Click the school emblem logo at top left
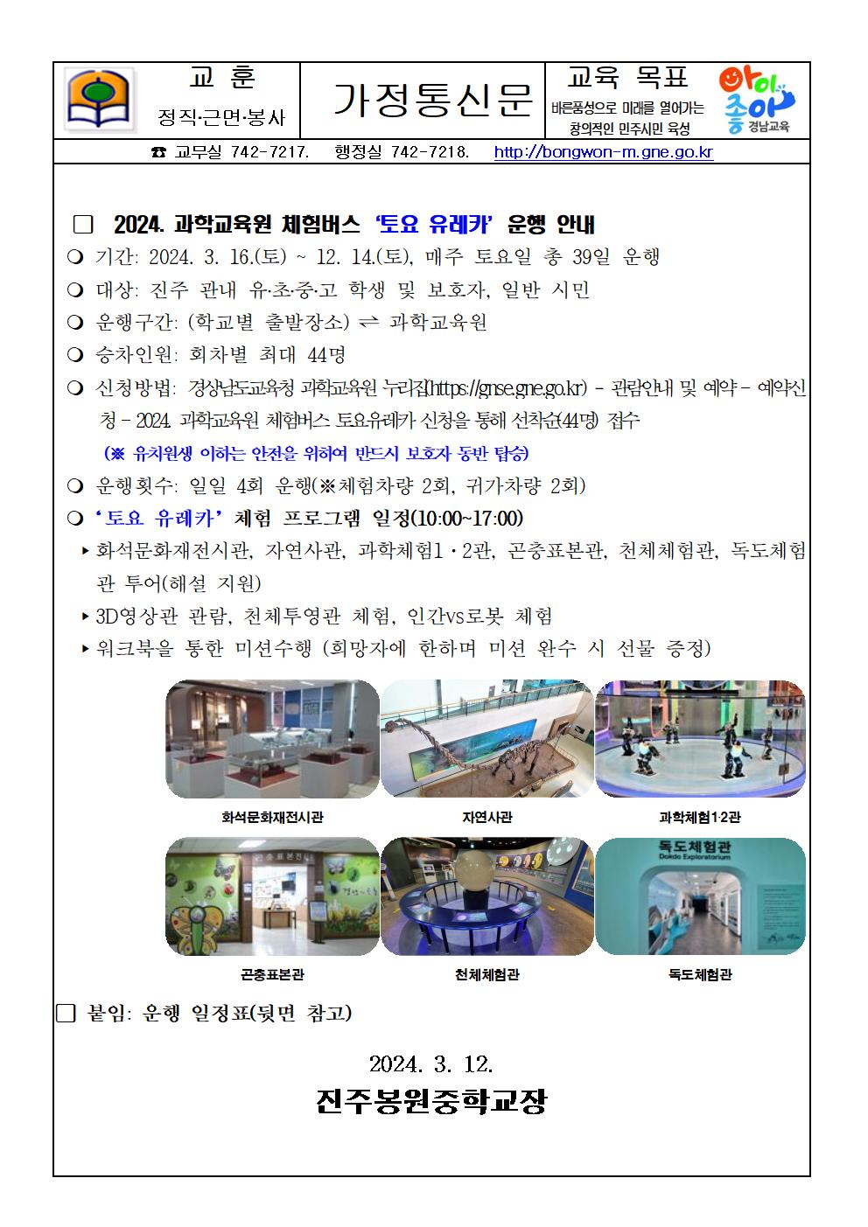99,100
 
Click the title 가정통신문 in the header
433,100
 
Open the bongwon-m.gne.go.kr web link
604,153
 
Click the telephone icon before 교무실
158,153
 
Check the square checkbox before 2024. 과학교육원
83,225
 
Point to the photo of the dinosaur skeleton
486,739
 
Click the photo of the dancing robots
700,739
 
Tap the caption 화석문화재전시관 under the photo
272,818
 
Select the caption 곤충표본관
272,974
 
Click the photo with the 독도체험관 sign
700,896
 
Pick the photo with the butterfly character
272,896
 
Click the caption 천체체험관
486,974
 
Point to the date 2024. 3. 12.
431,1064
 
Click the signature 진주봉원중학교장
431,1101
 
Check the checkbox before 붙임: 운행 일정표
66,1014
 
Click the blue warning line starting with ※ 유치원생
316,454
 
